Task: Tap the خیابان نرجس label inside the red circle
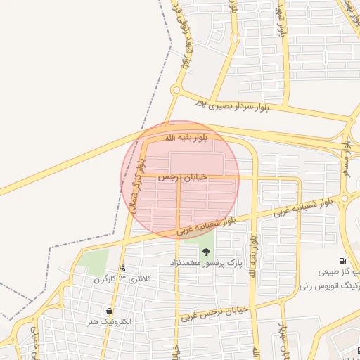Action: [184, 178]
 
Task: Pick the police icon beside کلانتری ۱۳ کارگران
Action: [123, 268]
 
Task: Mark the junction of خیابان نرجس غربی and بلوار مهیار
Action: [274, 303]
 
